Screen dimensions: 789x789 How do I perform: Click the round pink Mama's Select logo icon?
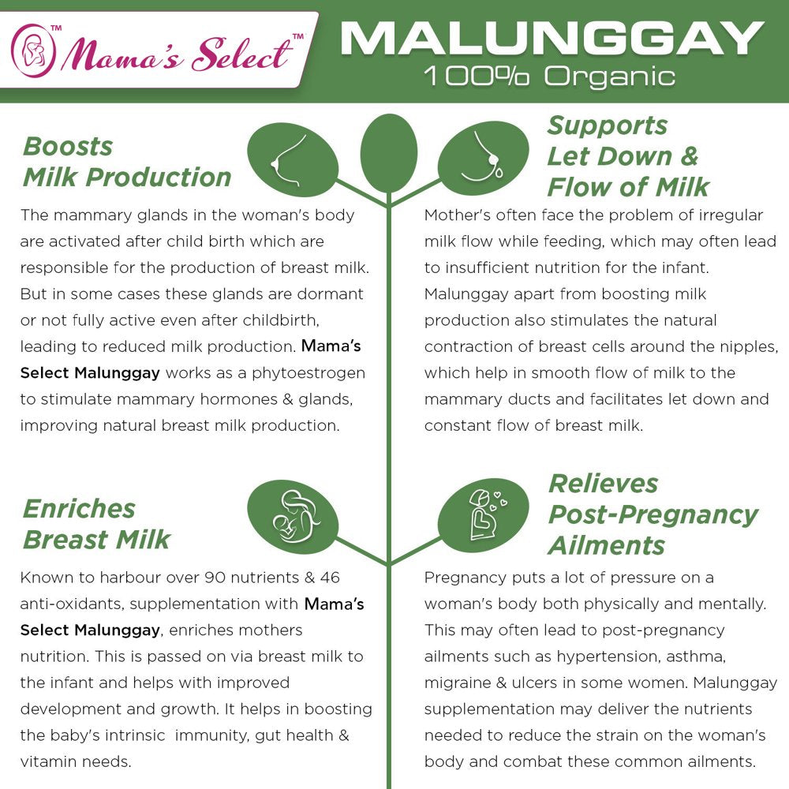(33, 50)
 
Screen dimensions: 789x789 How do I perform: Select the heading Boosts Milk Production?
(126, 162)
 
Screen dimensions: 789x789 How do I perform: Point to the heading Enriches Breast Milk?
(96, 524)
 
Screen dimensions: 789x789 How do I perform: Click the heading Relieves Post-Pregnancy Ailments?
(652, 514)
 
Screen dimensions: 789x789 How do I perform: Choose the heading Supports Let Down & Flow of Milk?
(628, 156)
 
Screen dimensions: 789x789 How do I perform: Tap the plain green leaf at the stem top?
(388, 154)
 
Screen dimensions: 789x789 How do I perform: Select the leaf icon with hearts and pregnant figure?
(483, 513)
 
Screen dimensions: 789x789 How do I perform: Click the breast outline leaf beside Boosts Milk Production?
(293, 160)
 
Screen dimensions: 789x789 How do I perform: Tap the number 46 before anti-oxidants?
(330, 578)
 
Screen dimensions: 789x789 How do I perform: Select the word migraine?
(458, 682)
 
